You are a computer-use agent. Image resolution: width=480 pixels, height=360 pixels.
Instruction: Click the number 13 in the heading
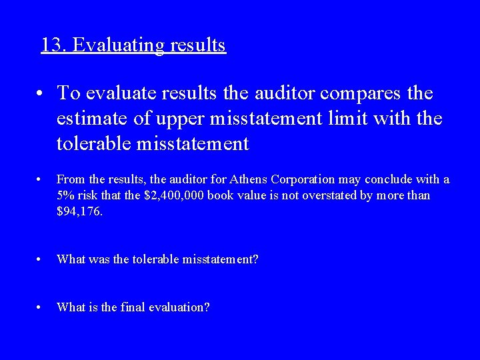click(52, 45)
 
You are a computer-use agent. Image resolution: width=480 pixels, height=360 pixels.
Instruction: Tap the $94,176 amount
click(79, 211)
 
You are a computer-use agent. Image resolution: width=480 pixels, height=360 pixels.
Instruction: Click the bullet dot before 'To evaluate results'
click(41, 93)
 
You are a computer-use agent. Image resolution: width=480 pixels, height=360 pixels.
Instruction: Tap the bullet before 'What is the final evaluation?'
click(41, 307)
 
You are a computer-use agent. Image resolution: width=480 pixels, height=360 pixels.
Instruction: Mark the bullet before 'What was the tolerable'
click(41, 259)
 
